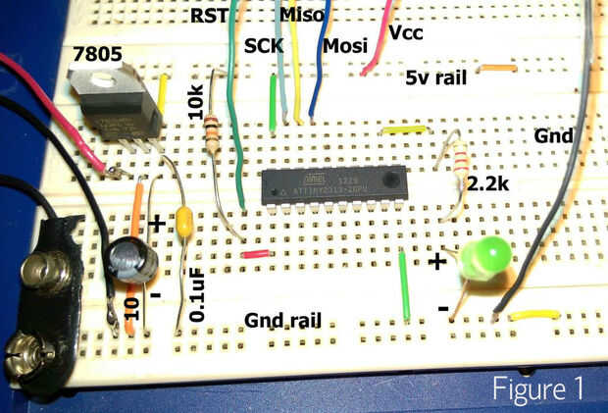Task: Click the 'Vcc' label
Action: point(407,32)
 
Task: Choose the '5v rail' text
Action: point(436,77)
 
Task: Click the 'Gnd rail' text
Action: point(287,321)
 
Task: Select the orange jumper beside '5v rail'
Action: point(496,68)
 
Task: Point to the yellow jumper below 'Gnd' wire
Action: point(533,315)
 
